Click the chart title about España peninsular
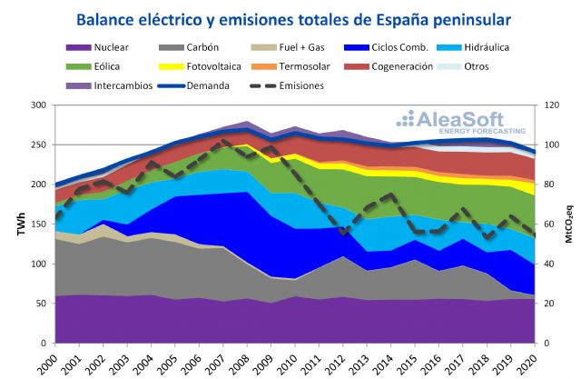coord(293,19)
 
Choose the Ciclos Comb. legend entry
coord(399,47)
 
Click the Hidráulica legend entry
coord(491,47)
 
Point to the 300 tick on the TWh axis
coord(39,105)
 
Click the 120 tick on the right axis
coord(547,105)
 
